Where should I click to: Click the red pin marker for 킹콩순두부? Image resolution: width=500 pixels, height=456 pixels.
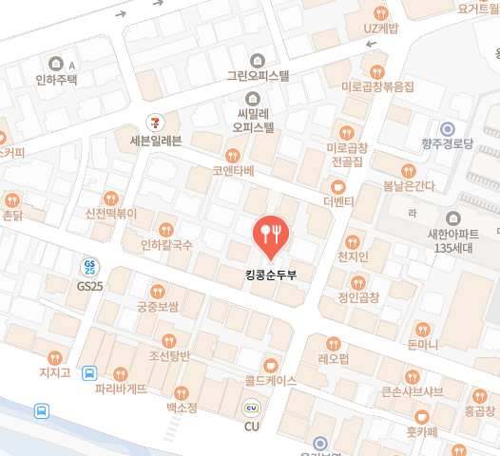pyautogui.click(x=271, y=236)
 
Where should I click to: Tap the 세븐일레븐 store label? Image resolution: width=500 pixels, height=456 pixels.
pyautogui.click(x=148, y=141)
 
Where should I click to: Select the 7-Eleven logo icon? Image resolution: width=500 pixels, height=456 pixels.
pyautogui.click(x=152, y=121)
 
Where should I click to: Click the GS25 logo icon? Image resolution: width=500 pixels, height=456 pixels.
pyautogui.click(x=90, y=267)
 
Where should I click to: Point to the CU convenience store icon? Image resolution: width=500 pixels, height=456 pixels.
pyautogui.click(x=252, y=408)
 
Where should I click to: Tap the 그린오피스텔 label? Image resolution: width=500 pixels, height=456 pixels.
pyautogui.click(x=257, y=75)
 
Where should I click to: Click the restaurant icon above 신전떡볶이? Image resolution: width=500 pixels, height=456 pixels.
pyautogui.click(x=112, y=199)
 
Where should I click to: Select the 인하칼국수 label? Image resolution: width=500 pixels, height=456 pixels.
pyautogui.click(x=166, y=244)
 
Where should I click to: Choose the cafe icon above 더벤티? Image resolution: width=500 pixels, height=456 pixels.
pyautogui.click(x=337, y=185)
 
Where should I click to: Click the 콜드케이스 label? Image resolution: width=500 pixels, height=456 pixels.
pyautogui.click(x=270, y=380)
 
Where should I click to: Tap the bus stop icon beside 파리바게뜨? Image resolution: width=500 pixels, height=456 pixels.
pyautogui.click(x=89, y=373)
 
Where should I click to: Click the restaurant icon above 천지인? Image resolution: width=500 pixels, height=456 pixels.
pyautogui.click(x=352, y=241)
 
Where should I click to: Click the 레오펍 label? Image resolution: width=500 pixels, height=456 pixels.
pyautogui.click(x=333, y=359)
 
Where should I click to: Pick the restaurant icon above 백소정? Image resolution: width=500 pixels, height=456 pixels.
pyautogui.click(x=182, y=391)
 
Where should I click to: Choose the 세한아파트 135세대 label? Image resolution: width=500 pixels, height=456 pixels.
pyautogui.click(x=453, y=241)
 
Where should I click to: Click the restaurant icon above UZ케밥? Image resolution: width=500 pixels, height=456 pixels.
pyautogui.click(x=381, y=13)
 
